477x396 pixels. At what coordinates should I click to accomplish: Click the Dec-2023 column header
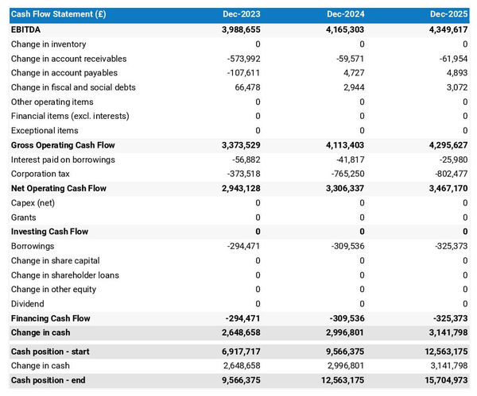click(x=241, y=14)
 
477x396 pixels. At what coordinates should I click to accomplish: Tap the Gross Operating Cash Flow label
click(x=63, y=145)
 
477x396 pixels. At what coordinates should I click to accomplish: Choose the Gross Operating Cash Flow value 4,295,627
click(x=441, y=145)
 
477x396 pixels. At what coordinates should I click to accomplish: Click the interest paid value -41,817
click(x=347, y=160)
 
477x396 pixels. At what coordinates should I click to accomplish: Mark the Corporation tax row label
click(x=41, y=174)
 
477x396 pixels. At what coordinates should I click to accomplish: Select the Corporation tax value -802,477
click(x=446, y=174)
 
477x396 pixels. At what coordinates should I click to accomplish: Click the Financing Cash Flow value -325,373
click(x=446, y=318)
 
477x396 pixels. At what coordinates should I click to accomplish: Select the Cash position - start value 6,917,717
click(x=232, y=352)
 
